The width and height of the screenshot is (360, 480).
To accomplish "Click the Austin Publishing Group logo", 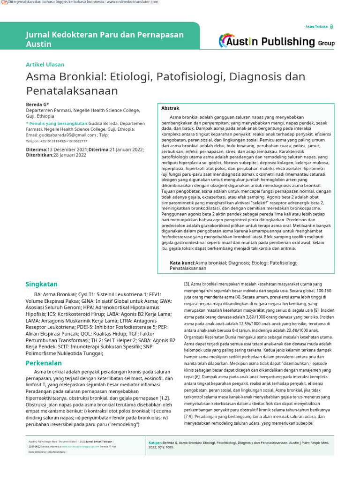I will tap(277, 41).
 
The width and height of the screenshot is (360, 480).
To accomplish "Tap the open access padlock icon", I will tap(332, 27).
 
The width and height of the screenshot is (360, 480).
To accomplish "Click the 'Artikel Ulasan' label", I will tap(45, 64).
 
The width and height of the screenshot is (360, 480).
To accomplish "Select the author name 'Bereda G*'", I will tap(37, 104).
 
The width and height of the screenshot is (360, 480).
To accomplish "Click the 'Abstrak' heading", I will tap(170, 108).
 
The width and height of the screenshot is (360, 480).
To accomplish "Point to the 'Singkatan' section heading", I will tap(42, 284).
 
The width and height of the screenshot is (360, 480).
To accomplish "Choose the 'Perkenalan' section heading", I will tap(44, 363).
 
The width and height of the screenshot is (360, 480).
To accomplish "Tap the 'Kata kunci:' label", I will tap(182, 263).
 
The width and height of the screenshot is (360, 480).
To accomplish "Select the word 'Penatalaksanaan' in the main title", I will tap(72, 90).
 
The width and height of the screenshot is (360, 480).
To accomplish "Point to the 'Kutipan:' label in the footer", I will tap(155, 442).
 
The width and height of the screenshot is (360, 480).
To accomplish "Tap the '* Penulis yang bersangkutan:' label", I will tap(57, 123).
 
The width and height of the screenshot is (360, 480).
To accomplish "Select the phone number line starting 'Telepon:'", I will tap(56, 141).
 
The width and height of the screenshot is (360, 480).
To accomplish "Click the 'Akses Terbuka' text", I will tap(316, 27).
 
